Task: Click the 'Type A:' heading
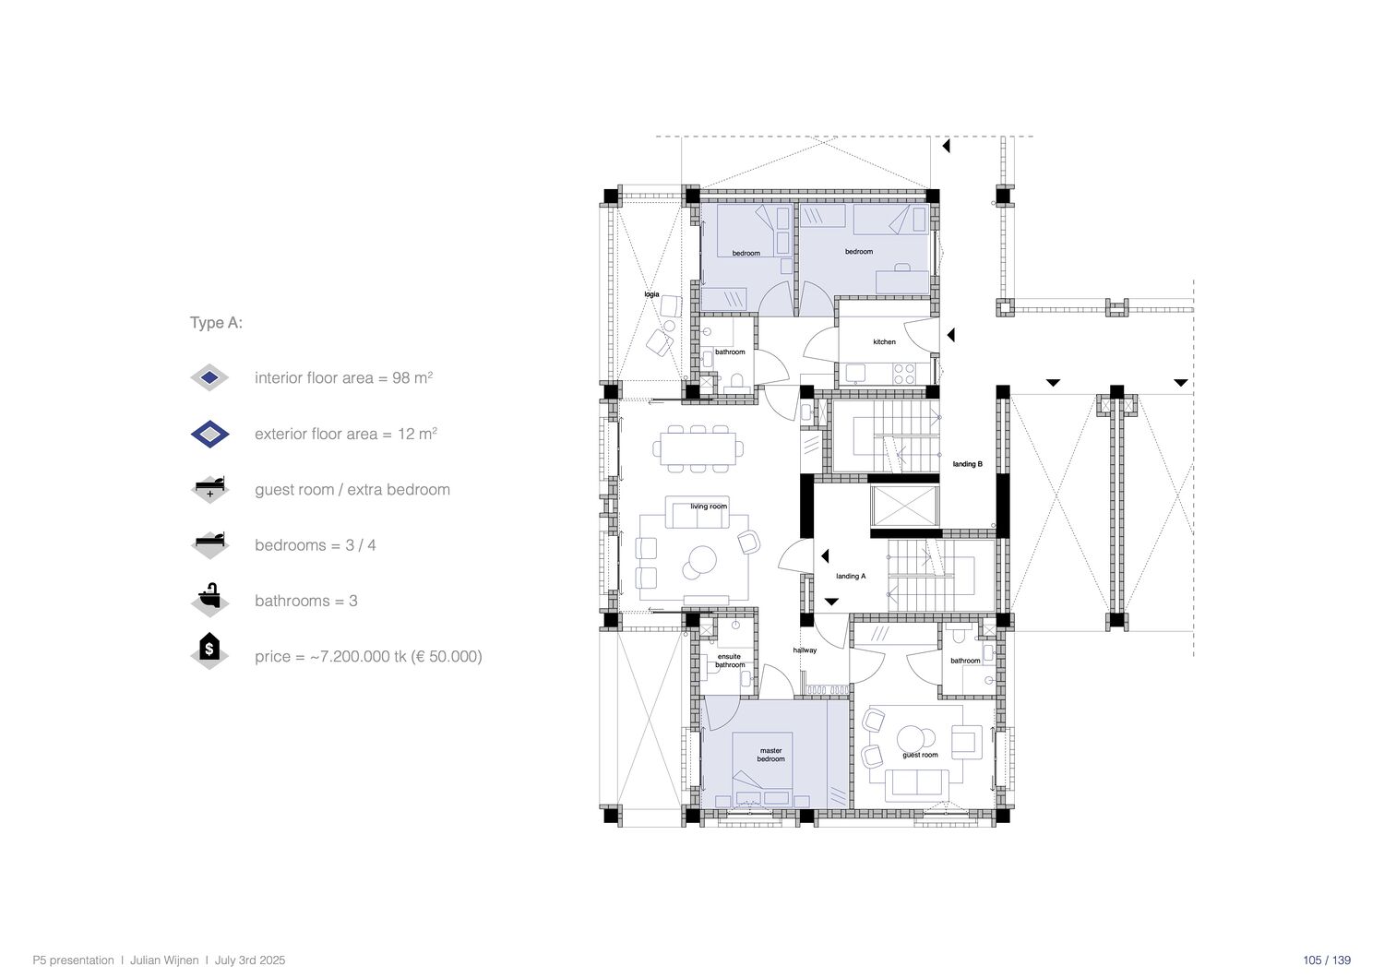pos(216,323)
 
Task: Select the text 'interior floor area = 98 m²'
pos(343,377)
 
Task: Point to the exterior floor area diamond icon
pos(209,434)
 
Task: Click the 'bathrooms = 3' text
pos(305,601)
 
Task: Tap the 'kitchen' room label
pos(884,341)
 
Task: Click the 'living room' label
pos(709,507)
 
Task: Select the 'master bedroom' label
pos(771,755)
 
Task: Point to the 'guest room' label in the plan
pos(920,755)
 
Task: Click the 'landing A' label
pos(851,576)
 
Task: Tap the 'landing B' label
pos(967,464)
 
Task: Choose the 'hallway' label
pos(805,650)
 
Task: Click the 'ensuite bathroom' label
pos(730,661)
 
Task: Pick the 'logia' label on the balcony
pos(651,294)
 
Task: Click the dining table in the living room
pos(698,448)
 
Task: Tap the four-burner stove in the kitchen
pos(904,373)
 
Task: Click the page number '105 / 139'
pos(1327,960)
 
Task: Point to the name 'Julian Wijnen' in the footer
pos(164,960)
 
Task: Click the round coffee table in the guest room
pos(910,738)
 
